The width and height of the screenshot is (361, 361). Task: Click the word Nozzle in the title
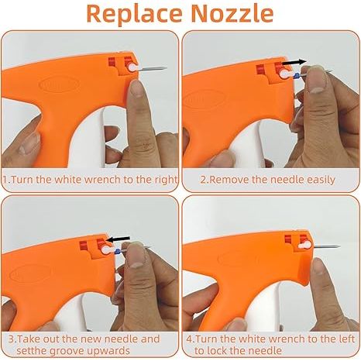click(x=232, y=14)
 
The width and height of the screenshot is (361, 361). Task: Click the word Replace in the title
click(x=134, y=15)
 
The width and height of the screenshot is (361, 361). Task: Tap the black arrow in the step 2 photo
click(x=294, y=62)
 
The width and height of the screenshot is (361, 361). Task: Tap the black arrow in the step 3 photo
click(x=119, y=239)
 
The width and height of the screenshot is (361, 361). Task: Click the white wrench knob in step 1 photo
click(x=132, y=68)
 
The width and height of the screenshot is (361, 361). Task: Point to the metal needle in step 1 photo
click(x=153, y=69)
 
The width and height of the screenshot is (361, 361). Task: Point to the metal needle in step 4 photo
click(x=326, y=246)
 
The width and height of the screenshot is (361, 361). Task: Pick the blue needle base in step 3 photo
click(x=118, y=251)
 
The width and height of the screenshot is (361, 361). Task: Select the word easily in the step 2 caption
click(x=321, y=180)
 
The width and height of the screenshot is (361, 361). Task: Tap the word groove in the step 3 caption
click(x=67, y=351)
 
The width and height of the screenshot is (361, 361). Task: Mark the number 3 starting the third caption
click(x=11, y=339)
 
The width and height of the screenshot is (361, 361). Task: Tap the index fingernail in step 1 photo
click(x=137, y=88)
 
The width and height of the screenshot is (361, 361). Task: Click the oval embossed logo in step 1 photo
click(x=59, y=84)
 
